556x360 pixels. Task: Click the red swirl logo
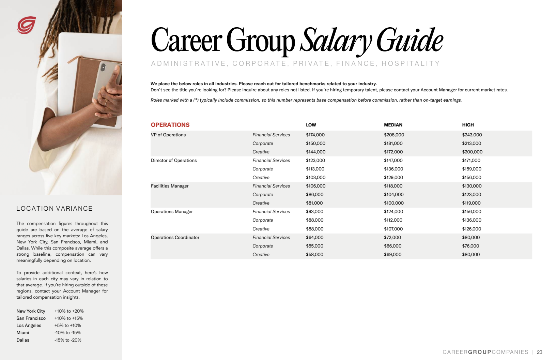(26, 25)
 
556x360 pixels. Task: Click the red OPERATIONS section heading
(170, 125)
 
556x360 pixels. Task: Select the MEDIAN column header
(393, 125)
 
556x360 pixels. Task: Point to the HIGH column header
(468, 125)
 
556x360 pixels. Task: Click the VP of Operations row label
(168, 135)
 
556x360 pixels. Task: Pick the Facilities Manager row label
(170, 186)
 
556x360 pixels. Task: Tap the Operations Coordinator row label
(175, 238)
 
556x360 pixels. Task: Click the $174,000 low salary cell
(315, 135)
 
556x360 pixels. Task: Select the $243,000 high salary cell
(472, 135)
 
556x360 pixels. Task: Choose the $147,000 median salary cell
(393, 161)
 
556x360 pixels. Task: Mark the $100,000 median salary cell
(393, 203)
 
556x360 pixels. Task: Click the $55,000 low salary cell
(314, 246)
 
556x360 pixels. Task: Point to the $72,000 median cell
(392, 238)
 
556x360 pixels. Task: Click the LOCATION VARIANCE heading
(55, 209)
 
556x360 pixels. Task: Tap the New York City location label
(31, 311)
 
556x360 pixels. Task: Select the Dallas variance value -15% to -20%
(68, 340)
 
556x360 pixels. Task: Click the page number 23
(539, 352)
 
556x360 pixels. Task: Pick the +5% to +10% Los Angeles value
(67, 326)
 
